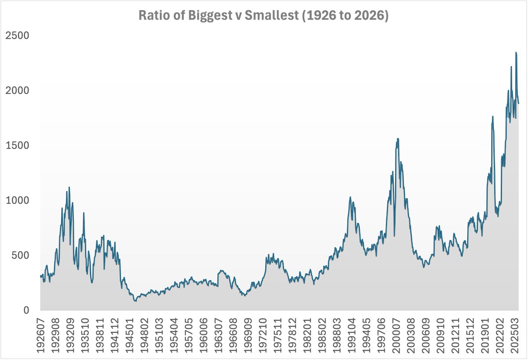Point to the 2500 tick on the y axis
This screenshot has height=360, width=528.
tap(17, 35)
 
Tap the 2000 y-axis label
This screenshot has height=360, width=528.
tap(17, 90)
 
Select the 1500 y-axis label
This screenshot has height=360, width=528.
tap(17, 145)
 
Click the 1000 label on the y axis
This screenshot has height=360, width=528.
tap(17, 200)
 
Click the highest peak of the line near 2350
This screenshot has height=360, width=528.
tap(516, 52)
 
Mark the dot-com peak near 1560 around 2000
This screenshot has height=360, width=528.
tap(398, 139)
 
